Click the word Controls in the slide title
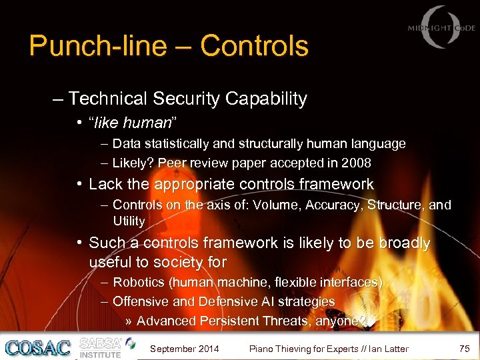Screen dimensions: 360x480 (x=254, y=46)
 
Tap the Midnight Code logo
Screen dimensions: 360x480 (x=441, y=29)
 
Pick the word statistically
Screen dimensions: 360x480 (x=170, y=143)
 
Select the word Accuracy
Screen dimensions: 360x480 (x=335, y=205)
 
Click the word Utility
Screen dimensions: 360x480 (x=129, y=220)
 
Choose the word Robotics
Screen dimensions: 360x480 (x=139, y=283)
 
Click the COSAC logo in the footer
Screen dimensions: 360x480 (x=37, y=347)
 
